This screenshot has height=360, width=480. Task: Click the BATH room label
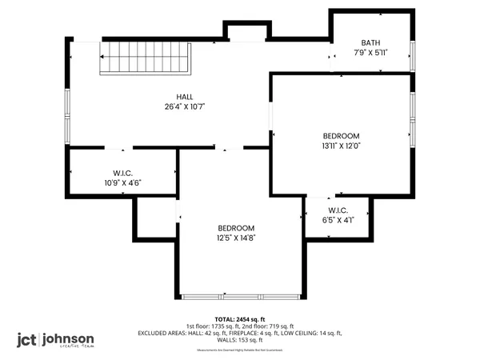pyautogui.click(x=370, y=43)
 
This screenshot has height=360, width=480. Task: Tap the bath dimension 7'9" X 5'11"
pyautogui.click(x=370, y=54)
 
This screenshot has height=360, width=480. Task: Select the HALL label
pyautogui.click(x=185, y=97)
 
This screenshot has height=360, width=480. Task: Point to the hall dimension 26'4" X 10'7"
pyautogui.click(x=185, y=107)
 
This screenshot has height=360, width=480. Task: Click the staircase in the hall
pyautogui.click(x=144, y=58)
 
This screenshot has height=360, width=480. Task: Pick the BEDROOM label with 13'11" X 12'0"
pyautogui.click(x=341, y=136)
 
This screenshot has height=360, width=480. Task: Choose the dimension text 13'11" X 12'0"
pyautogui.click(x=341, y=146)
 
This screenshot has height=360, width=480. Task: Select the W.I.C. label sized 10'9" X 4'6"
pyautogui.click(x=122, y=173)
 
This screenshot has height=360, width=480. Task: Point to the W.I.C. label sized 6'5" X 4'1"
pyautogui.click(x=337, y=211)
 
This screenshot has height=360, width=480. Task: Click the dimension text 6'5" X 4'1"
pyautogui.click(x=337, y=221)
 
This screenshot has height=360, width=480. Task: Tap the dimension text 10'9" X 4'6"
pyautogui.click(x=122, y=182)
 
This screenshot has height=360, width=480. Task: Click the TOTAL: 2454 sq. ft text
pyautogui.click(x=240, y=318)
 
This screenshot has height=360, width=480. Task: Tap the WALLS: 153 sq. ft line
pyautogui.click(x=240, y=340)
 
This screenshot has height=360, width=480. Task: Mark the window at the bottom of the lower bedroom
pyautogui.click(x=241, y=297)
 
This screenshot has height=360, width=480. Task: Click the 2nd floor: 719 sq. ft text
pyautogui.click(x=267, y=326)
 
